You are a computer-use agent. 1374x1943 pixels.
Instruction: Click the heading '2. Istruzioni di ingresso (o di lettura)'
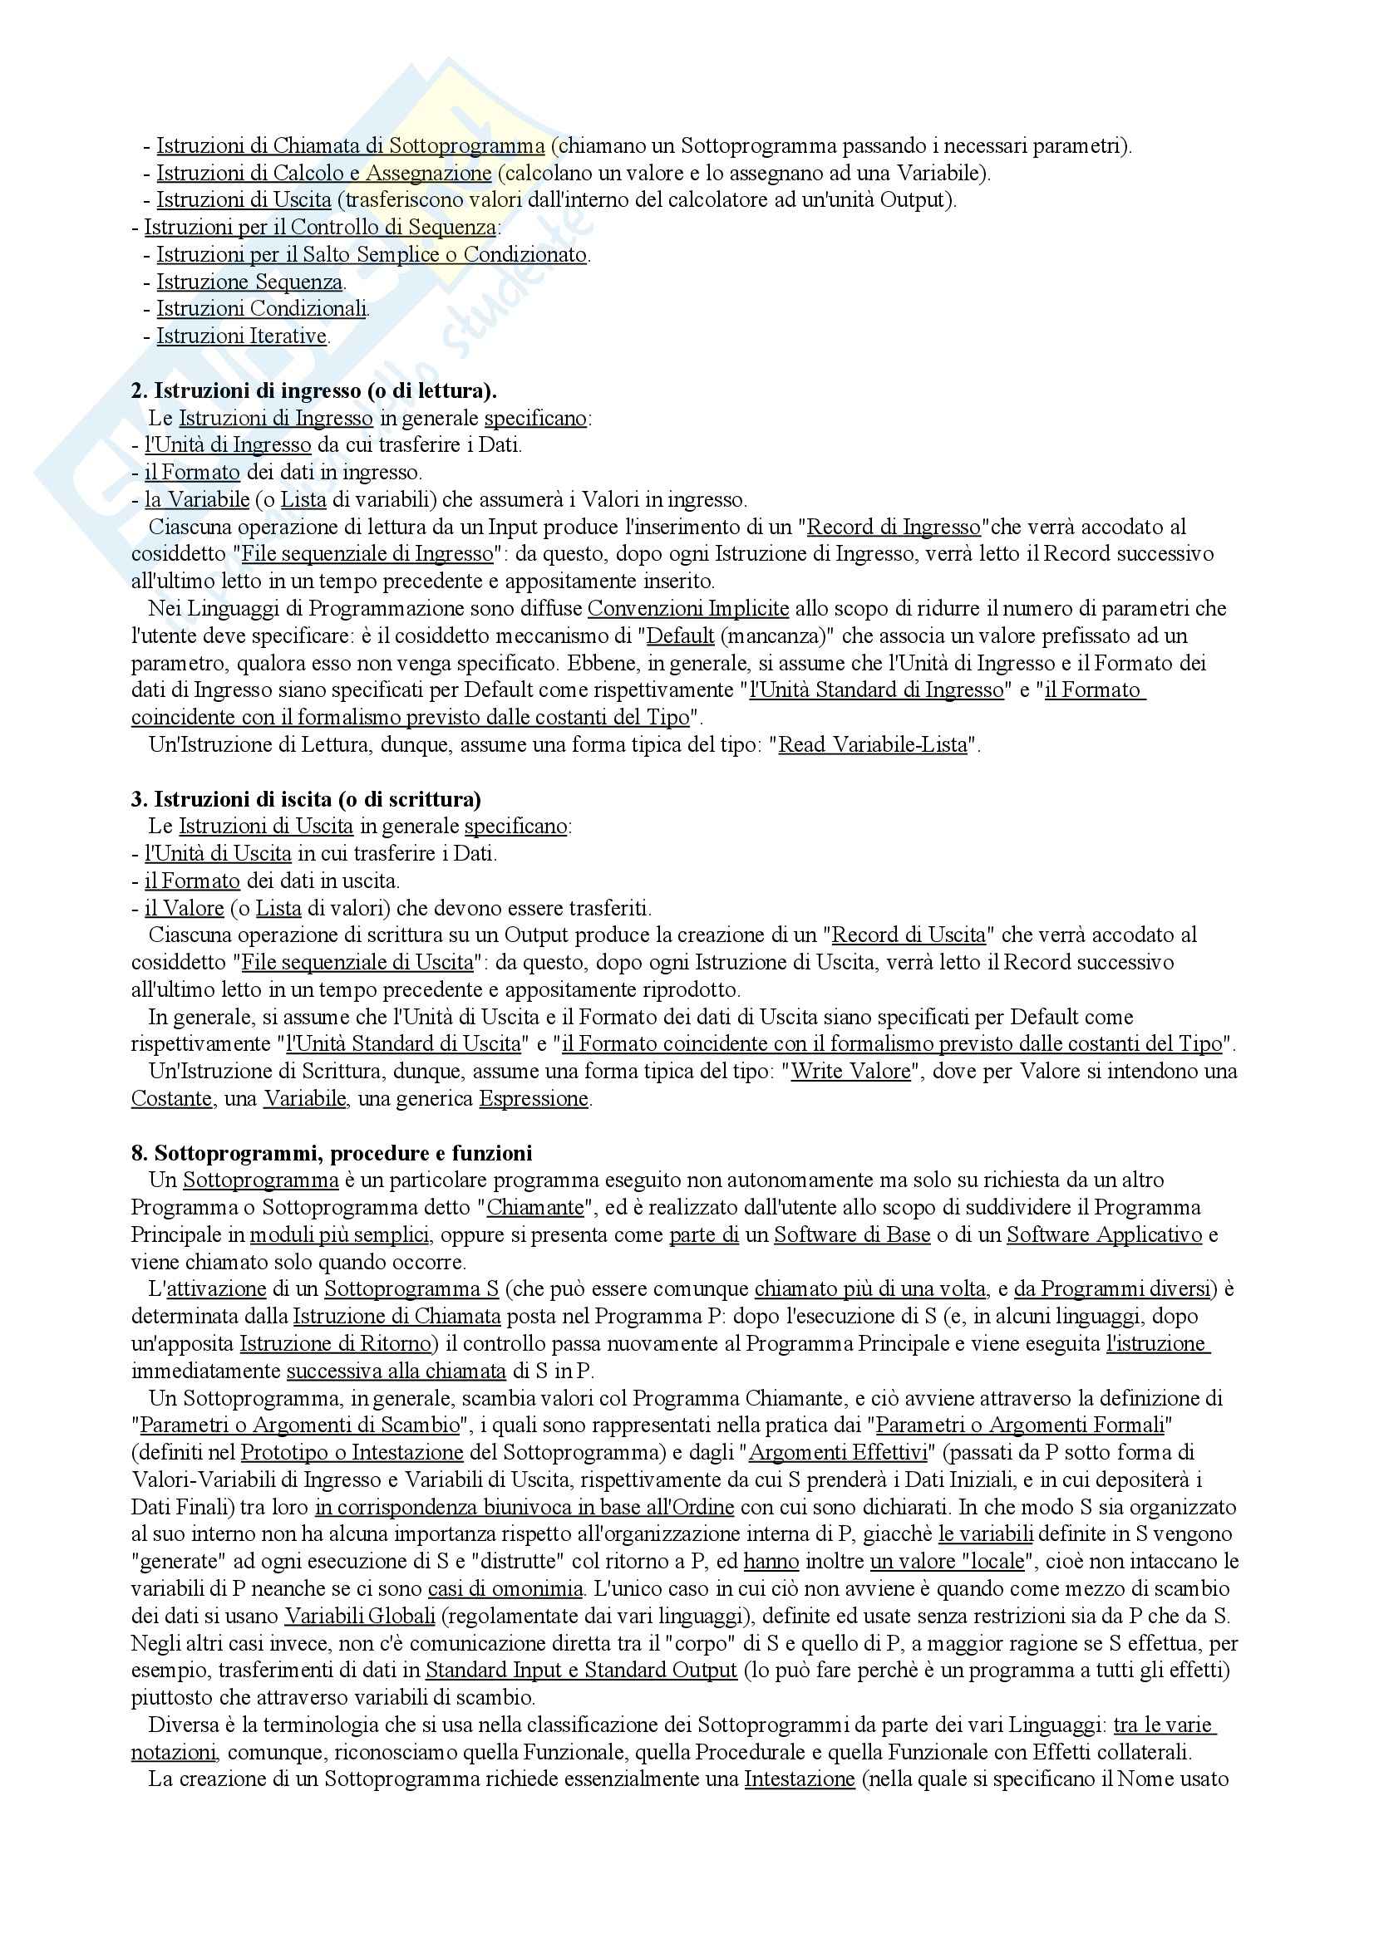pyautogui.click(x=314, y=391)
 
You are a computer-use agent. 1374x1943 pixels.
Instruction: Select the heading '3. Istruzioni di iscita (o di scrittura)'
pyautogui.click(x=306, y=799)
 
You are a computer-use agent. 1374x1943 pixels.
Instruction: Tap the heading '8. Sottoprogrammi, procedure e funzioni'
pyautogui.click(x=332, y=1153)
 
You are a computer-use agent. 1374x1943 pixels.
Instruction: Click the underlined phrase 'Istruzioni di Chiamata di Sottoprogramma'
pyautogui.click(x=351, y=145)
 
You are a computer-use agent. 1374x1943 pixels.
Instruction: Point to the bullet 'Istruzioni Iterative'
pyautogui.click(x=242, y=336)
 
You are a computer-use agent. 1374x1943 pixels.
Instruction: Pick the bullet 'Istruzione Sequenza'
pyautogui.click(x=249, y=282)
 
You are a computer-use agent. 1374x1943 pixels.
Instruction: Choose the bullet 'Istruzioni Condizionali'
pyautogui.click(x=262, y=309)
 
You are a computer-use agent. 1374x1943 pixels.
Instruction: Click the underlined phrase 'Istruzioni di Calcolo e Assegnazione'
pyautogui.click(x=324, y=173)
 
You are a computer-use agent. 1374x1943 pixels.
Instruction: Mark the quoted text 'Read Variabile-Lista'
pyautogui.click(x=873, y=744)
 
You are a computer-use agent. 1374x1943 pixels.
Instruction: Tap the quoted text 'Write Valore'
pyautogui.click(x=851, y=1072)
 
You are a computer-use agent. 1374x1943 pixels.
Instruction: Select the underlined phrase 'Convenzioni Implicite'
pyautogui.click(x=688, y=608)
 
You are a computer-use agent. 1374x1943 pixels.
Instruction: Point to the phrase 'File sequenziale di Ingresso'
pyautogui.click(x=367, y=554)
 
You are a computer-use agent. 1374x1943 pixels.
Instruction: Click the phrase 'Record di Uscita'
pyautogui.click(x=909, y=935)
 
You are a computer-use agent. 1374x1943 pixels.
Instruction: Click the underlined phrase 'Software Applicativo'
pyautogui.click(x=1104, y=1234)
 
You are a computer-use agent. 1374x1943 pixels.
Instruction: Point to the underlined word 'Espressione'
pyautogui.click(x=534, y=1098)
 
